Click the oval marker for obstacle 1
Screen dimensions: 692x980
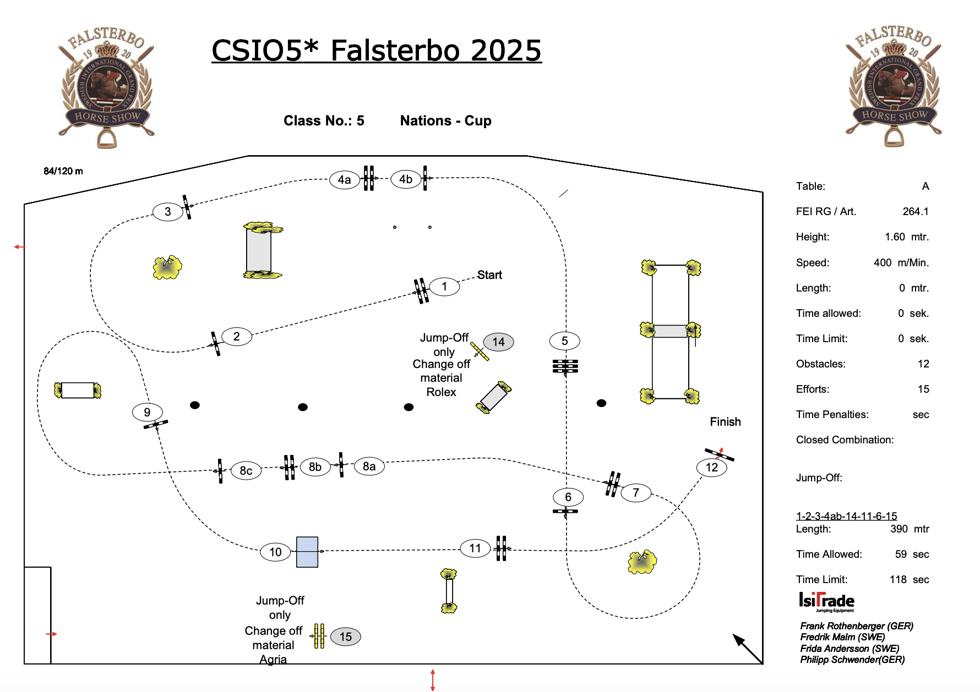444,287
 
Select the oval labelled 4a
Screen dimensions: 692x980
344,180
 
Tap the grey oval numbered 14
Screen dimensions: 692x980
498,342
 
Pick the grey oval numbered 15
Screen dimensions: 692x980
345,637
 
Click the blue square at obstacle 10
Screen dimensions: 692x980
307,552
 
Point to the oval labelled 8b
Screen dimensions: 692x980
315,467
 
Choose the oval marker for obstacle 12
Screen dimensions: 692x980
712,468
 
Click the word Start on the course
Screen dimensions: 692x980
489,275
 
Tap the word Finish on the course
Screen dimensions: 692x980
725,422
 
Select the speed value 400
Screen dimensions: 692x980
883,262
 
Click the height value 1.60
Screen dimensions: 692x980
895,237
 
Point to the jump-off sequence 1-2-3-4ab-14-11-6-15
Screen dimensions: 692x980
846,516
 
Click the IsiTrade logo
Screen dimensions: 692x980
826,601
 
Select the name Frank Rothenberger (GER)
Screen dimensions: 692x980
856,626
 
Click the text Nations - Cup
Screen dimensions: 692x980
445,121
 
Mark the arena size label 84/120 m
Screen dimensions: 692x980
63,171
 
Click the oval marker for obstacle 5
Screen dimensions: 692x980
564,341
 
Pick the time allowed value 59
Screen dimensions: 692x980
901,554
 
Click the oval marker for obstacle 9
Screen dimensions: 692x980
147,412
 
